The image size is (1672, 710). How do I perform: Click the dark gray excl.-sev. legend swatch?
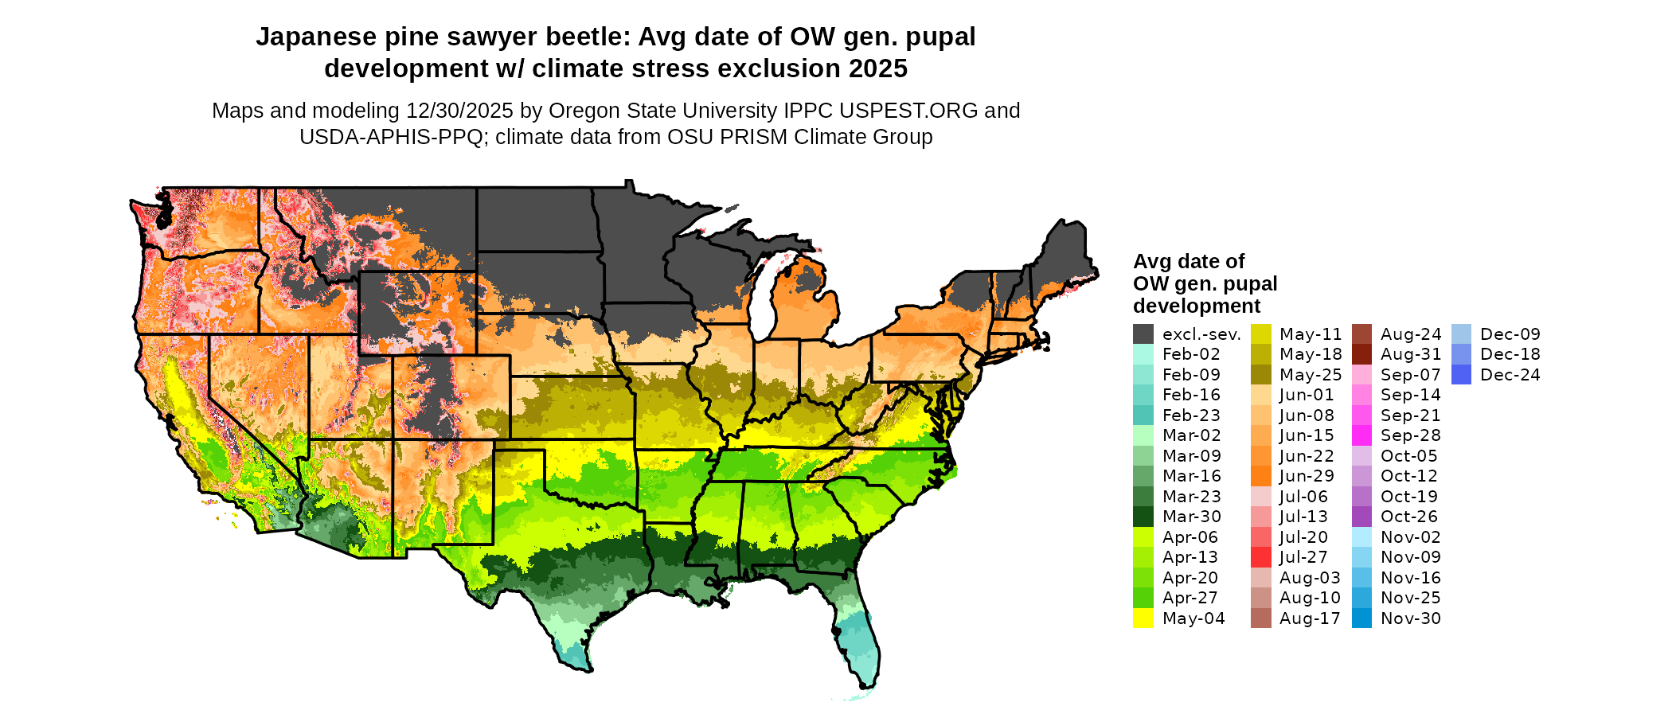click(x=1143, y=334)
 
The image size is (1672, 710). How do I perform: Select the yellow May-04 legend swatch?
click(x=1143, y=618)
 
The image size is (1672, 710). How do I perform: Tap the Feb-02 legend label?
click(x=1191, y=354)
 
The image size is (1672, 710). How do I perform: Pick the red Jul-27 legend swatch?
click(x=1261, y=557)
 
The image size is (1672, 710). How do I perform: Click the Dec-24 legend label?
click(x=1510, y=375)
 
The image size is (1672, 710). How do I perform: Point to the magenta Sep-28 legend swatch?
click(x=1362, y=435)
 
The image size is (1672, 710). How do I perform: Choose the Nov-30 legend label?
click(x=1410, y=618)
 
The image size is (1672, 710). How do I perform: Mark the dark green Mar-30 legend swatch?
click(x=1143, y=517)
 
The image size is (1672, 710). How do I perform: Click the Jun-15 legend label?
click(x=1307, y=435)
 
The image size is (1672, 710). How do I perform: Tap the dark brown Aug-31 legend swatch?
click(x=1362, y=354)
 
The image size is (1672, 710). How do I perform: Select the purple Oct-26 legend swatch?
click(x=1362, y=517)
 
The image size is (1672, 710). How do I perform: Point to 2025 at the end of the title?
click(x=877, y=69)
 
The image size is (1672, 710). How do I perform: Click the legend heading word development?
click(x=1197, y=306)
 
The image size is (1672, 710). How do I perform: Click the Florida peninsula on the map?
click(x=860, y=637)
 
